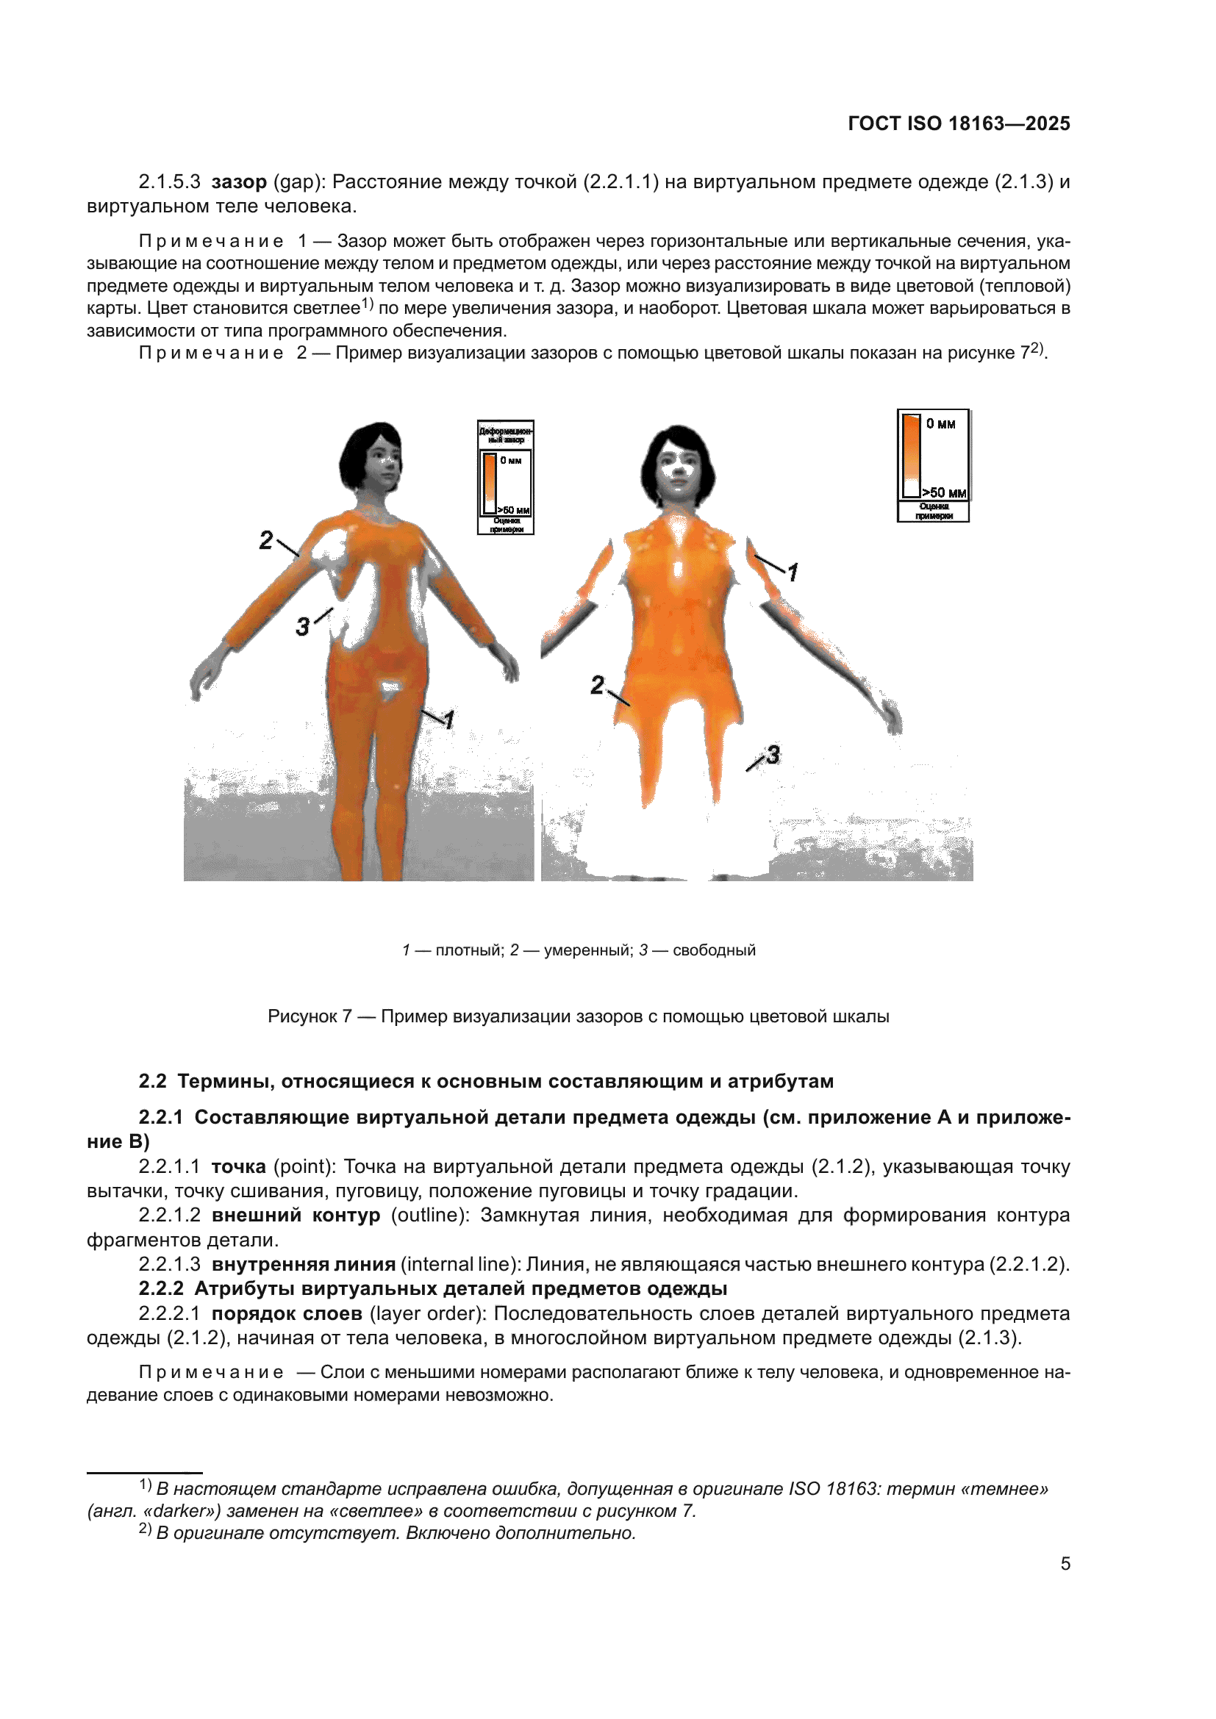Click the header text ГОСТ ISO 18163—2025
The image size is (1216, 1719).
pos(959,123)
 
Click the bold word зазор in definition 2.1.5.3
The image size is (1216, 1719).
pos(239,182)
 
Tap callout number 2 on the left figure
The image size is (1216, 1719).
pos(266,540)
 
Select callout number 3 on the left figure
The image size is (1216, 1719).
pos(302,626)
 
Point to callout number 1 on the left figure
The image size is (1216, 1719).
pos(448,720)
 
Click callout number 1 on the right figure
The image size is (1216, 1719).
pos(793,572)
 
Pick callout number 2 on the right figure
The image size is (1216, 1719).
pos(597,684)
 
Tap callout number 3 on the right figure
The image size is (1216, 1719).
pos(773,754)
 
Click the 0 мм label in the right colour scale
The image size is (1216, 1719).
pos(940,424)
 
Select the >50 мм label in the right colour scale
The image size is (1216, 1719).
pos(944,492)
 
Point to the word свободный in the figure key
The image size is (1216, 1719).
pos(714,950)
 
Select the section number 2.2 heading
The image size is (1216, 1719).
pos(152,1081)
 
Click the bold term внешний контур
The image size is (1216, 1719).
pos(296,1214)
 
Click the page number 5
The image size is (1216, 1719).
pos(1065,1563)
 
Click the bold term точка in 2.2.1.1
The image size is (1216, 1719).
pos(239,1166)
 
